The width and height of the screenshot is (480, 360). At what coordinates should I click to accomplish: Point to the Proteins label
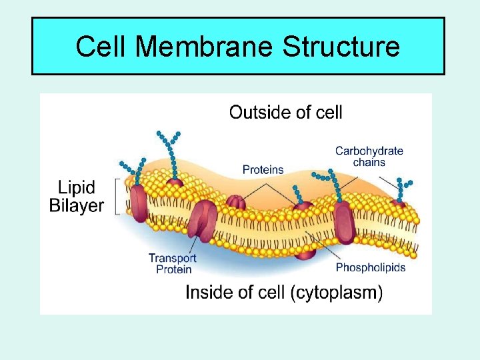pos(263,170)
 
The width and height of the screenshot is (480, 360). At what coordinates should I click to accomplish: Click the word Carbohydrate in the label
pos(369,151)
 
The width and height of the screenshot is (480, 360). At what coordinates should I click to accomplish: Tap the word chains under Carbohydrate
pos(369,162)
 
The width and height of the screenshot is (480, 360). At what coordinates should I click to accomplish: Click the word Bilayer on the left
pos(77,205)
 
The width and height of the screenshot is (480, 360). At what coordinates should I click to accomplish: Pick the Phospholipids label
pos(370,267)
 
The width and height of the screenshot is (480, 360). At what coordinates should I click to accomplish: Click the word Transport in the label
pos(172,258)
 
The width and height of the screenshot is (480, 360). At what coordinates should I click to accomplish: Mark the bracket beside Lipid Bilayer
pos(119,196)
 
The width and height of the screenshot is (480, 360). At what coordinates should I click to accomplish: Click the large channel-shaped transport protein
pos(203,220)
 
